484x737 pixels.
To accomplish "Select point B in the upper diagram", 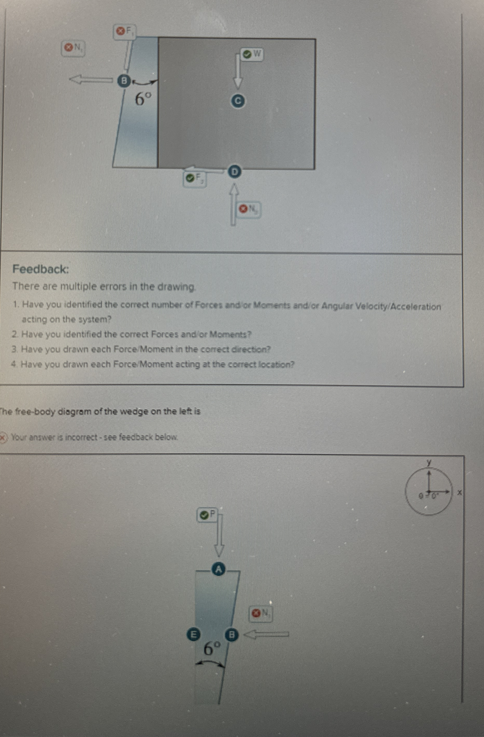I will click(124, 81).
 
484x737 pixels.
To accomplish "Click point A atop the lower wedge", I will click(219, 569).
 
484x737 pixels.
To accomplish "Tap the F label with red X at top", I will click(125, 31).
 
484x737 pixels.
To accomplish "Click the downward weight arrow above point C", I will click(238, 71).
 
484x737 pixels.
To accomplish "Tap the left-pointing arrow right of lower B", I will click(266, 635).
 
